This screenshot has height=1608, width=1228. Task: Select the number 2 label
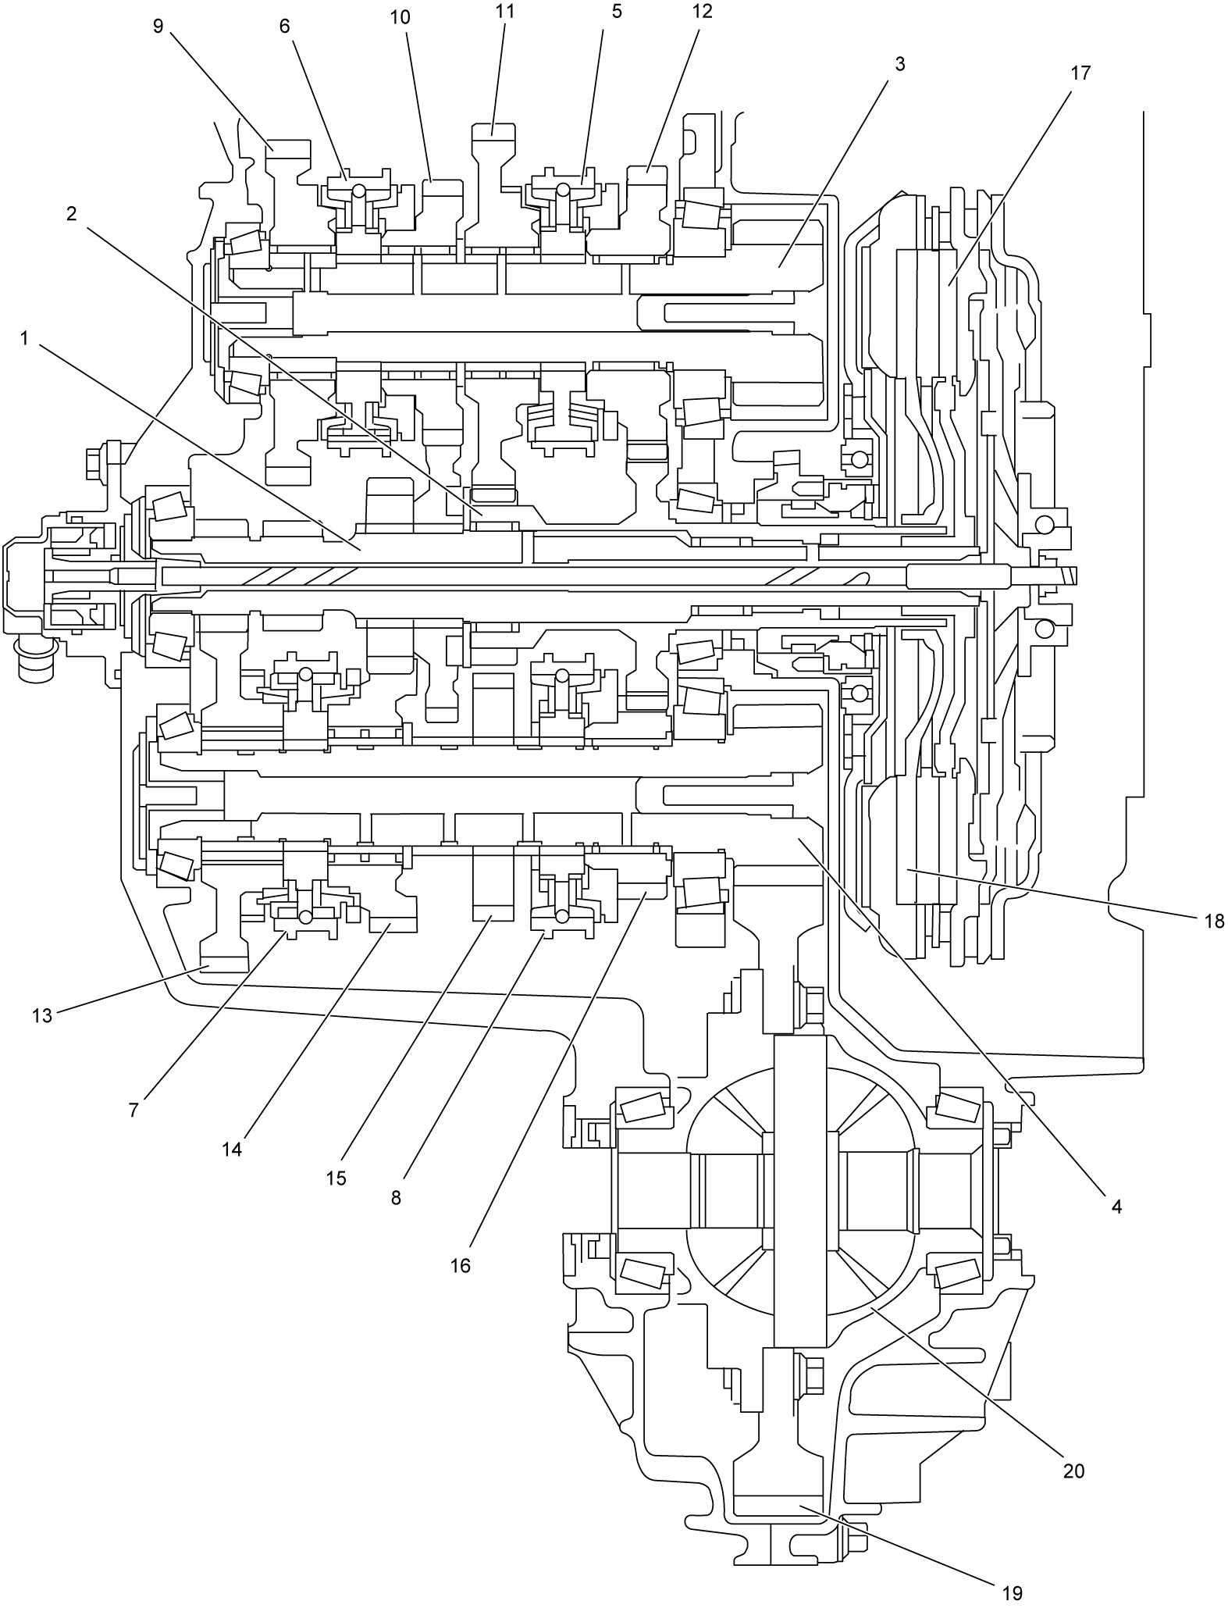[71, 213]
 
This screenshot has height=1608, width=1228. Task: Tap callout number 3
[900, 64]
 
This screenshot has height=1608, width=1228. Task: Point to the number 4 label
[1116, 1207]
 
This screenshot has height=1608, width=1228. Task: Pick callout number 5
[617, 13]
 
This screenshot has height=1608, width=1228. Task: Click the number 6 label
[284, 27]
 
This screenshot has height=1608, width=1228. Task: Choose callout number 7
[133, 1111]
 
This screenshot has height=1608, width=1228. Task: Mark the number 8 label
[397, 1198]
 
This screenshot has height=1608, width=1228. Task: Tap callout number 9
[158, 27]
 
